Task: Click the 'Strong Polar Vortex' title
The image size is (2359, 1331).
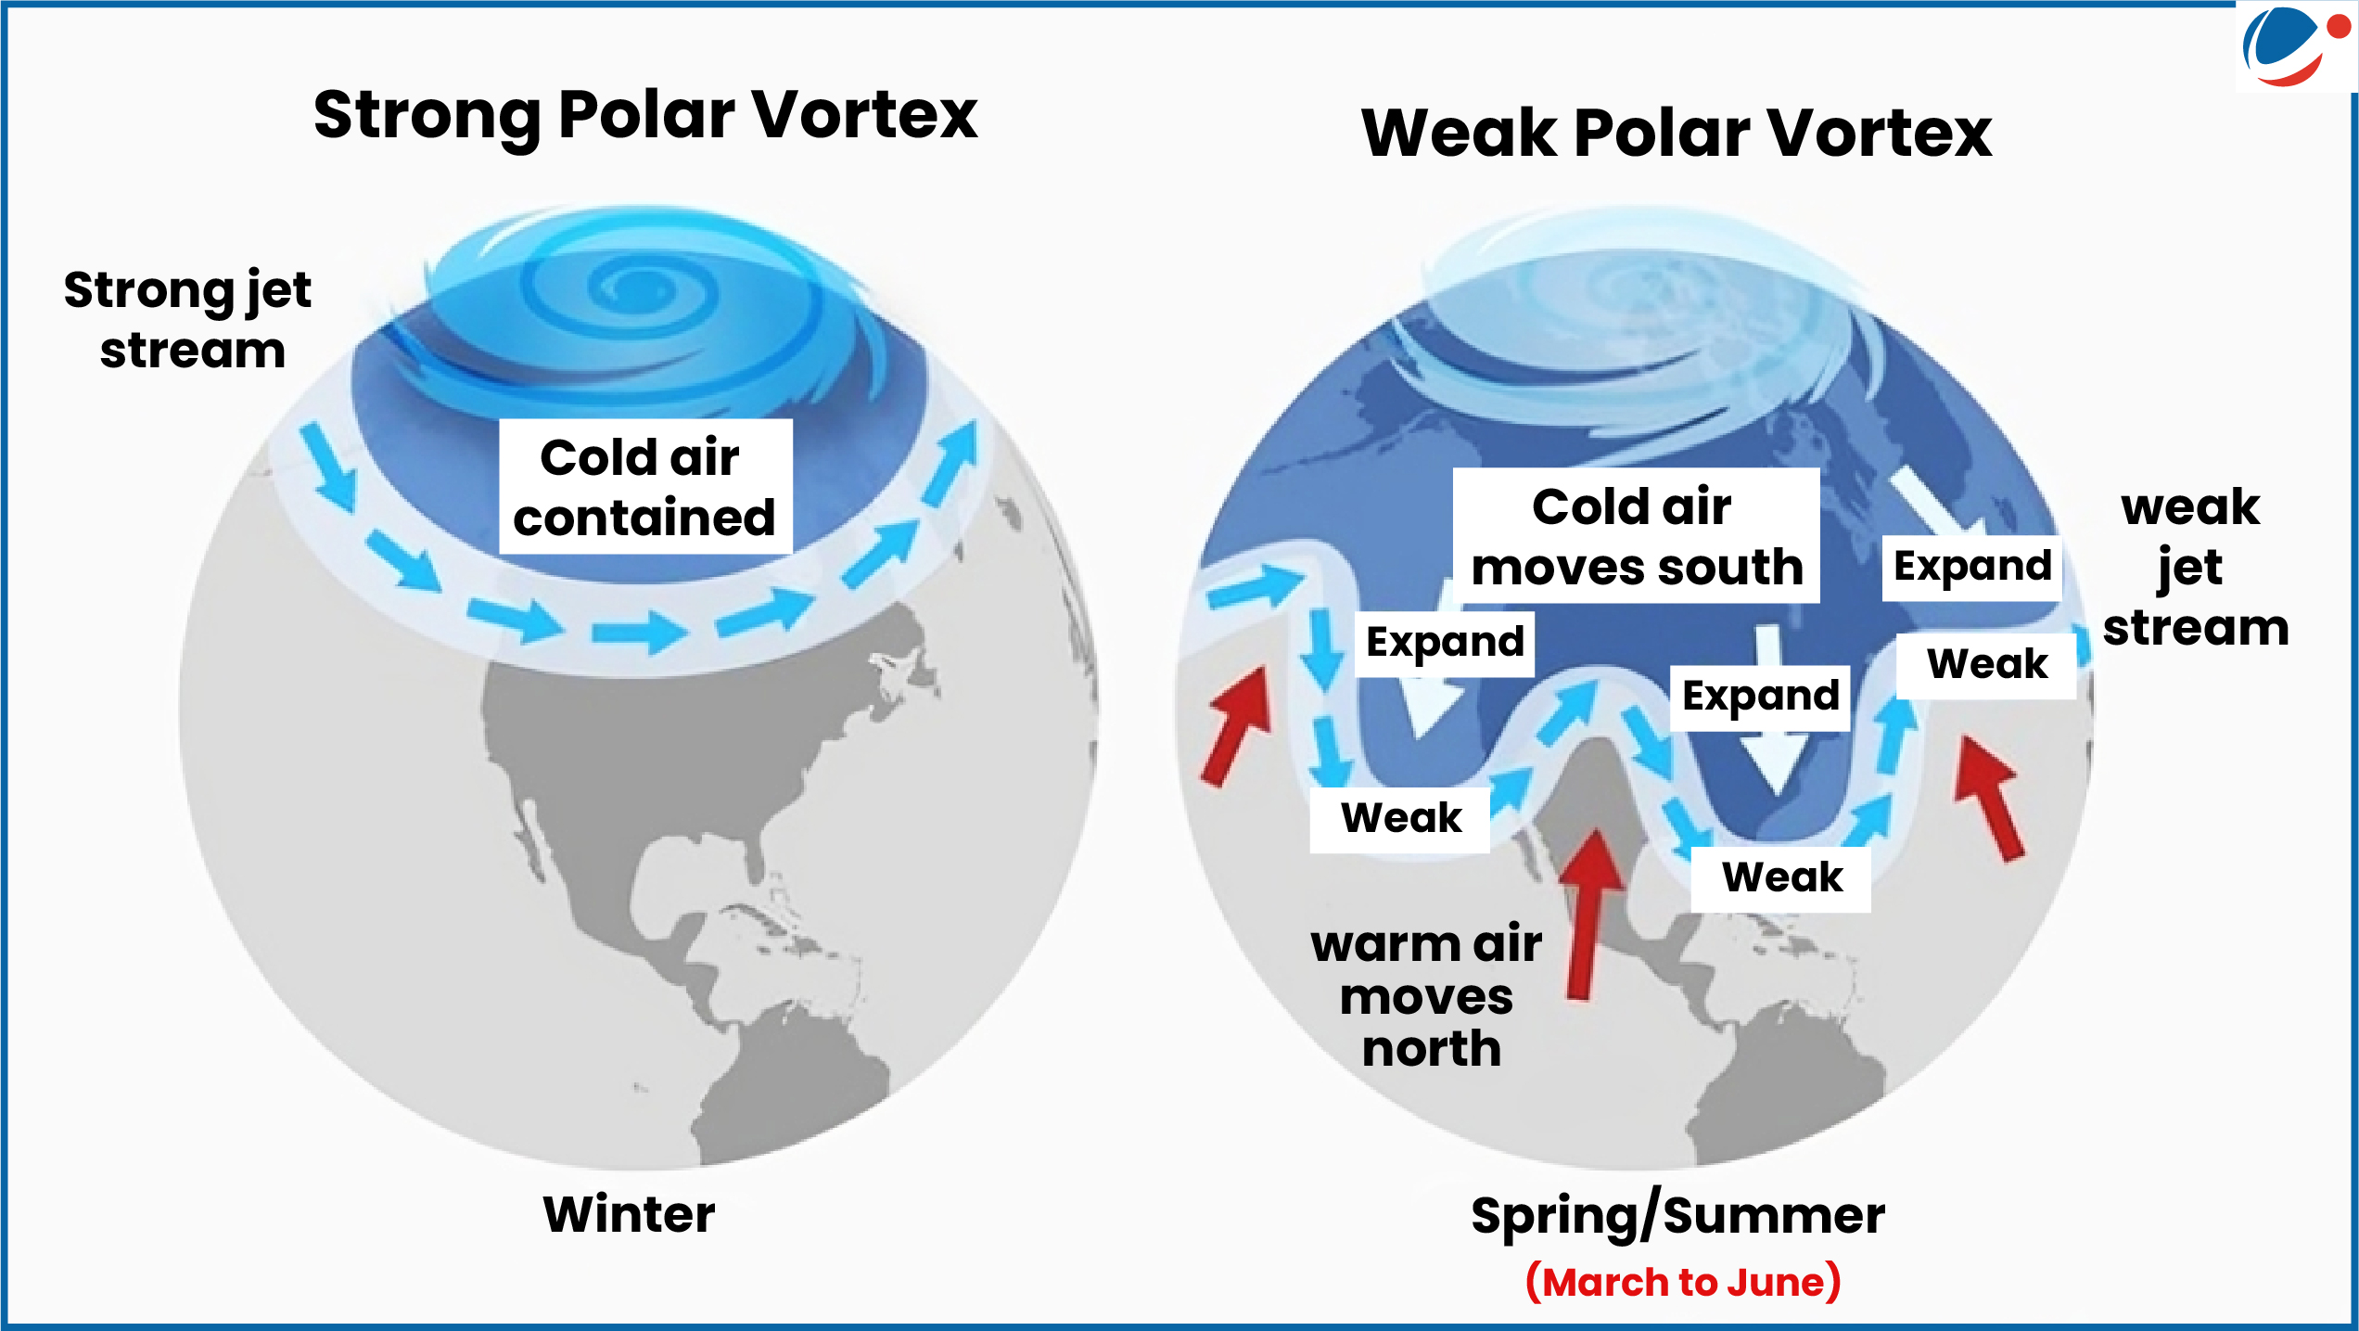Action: click(645, 115)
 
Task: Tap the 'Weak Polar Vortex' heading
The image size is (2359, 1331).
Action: click(1677, 133)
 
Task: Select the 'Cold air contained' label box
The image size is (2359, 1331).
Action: click(645, 487)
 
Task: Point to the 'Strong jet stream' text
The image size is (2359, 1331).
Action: click(187, 320)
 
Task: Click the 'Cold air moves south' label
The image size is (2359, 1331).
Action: click(1636, 536)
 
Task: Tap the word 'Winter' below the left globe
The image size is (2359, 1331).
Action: click(629, 1214)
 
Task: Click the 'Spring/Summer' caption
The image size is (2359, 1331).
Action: click(1677, 1216)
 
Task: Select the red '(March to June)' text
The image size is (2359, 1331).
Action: click(1683, 1282)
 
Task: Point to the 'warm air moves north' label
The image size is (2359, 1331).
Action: click(1427, 995)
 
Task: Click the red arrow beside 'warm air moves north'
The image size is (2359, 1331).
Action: click(1589, 915)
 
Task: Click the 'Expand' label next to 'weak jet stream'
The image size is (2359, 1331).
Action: click(1972, 567)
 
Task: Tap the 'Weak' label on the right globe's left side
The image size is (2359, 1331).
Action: click(1400, 819)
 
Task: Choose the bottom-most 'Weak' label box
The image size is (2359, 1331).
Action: click(1781, 878)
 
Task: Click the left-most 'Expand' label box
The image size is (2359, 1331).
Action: click(1445, 643)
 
